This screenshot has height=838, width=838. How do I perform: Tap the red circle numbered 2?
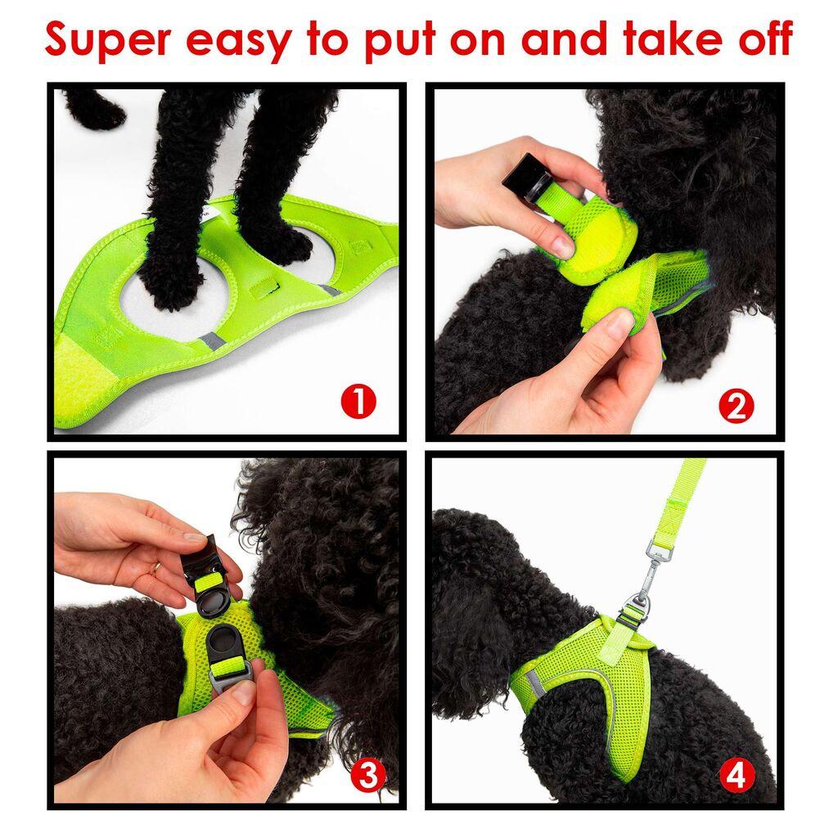click(x=736, y=406)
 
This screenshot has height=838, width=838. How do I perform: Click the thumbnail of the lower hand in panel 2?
click(x=619, y=326)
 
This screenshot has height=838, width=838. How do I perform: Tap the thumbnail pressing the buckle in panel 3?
click(x=244, y=693)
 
